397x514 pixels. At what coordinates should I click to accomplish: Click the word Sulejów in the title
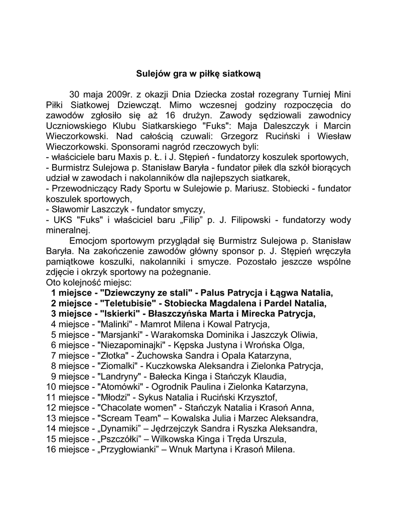153,74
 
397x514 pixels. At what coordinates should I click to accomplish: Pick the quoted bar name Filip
180,220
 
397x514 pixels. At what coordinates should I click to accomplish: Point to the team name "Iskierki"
120,314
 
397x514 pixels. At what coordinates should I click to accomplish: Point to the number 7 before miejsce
53,355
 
